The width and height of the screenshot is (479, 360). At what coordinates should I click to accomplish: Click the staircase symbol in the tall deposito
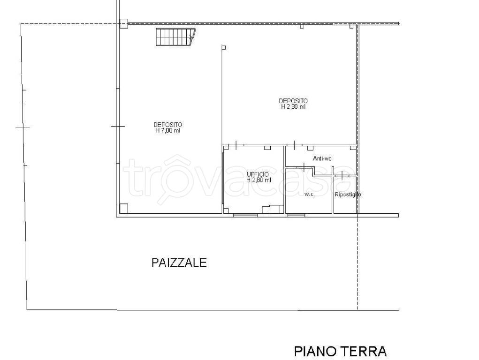tap(175, 37)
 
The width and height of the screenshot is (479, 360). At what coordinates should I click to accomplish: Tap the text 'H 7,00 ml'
tap(168, 131)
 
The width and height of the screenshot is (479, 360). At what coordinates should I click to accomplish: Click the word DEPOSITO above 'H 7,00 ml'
tap(168, 125)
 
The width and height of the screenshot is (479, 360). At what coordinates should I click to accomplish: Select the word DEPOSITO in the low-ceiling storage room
tap(293, 101)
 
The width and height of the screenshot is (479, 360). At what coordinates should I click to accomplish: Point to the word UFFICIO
tap(258, 174)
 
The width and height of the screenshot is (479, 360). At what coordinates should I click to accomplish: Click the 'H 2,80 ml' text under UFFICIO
tap(259, 180)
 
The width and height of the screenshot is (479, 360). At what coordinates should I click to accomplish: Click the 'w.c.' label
tap(309, 194)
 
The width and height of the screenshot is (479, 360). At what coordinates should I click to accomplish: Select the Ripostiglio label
tap(348, 194)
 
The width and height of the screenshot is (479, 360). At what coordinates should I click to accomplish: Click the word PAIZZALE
tap(179, 262)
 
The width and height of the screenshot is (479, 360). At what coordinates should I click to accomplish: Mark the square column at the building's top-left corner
tap(123, 23)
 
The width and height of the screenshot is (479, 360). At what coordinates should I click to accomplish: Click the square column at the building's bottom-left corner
tap(124, 209)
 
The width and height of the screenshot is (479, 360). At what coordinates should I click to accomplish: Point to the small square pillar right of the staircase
tap(224, 47)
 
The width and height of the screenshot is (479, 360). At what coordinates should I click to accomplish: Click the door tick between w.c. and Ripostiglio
tap(342, 175)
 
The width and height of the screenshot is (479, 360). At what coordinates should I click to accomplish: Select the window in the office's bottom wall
tap(245, 215)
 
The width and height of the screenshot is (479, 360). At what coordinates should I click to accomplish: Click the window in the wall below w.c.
tap(296, 215)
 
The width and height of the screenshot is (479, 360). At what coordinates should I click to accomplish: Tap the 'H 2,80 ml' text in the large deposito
tap(293, 107)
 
